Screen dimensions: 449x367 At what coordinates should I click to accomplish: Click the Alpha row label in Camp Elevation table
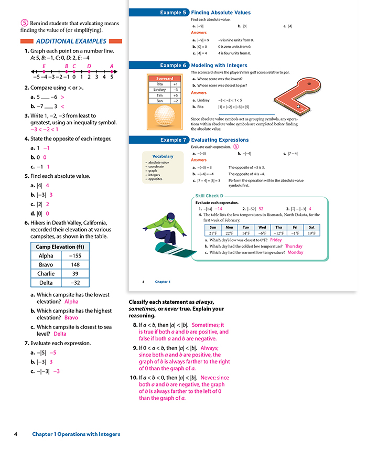[x=46, y=255]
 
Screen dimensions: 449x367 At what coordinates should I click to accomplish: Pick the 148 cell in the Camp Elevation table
[x=75, y=264]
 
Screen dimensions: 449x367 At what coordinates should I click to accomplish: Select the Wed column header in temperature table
[x=262, y=227]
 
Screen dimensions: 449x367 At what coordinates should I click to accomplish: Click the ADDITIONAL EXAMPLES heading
[x=71, y=41]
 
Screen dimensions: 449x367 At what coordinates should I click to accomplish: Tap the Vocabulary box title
[x=163, y=156]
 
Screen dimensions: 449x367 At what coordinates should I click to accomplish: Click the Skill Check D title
[x=210, y=196]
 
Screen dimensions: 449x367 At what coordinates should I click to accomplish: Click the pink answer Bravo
[x=71, y=317]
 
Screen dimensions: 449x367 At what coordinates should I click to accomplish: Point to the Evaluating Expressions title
[x=220, y=140]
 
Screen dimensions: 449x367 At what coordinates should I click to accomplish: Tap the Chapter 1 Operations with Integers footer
[x=76, y=434]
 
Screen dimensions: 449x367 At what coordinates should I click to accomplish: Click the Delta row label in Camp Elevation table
[x=46, y=283]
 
